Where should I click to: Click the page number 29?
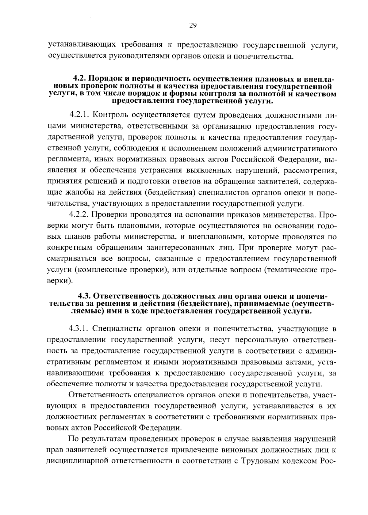(x=193, y=25)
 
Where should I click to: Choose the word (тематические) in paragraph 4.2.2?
(x=291, y=270)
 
